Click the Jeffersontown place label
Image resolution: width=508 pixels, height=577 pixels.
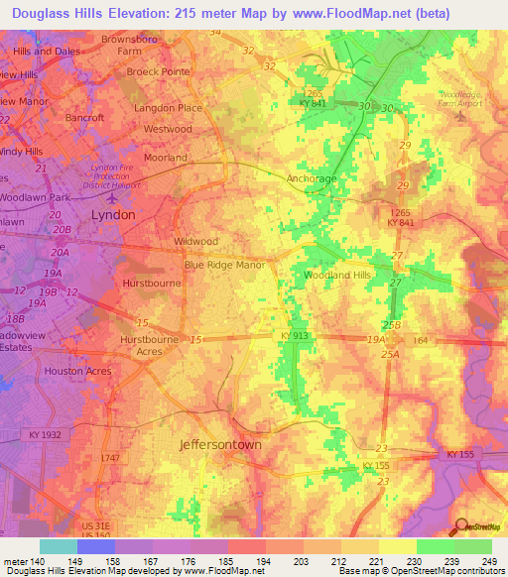point(220,445)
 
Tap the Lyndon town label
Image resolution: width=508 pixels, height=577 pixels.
point(112,213)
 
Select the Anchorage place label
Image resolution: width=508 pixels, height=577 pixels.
point(312,178)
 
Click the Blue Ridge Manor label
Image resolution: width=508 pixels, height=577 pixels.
point(224,266)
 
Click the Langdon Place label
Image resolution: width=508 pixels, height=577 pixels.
point(161,107)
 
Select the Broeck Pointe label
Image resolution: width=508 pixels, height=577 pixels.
point(158,72)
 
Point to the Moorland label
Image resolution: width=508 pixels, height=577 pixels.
point(166,158)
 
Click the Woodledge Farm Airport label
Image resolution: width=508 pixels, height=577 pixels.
point(460,98)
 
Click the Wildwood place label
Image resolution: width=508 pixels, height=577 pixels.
point(195,241)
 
